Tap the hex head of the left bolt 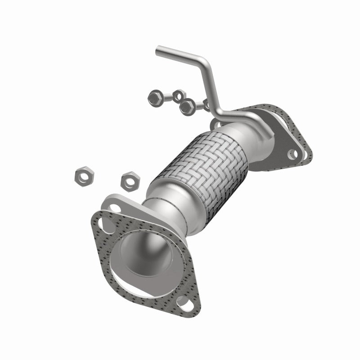pos(154,97)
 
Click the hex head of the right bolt pos(185,107)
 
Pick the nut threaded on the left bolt pos(179,95)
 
